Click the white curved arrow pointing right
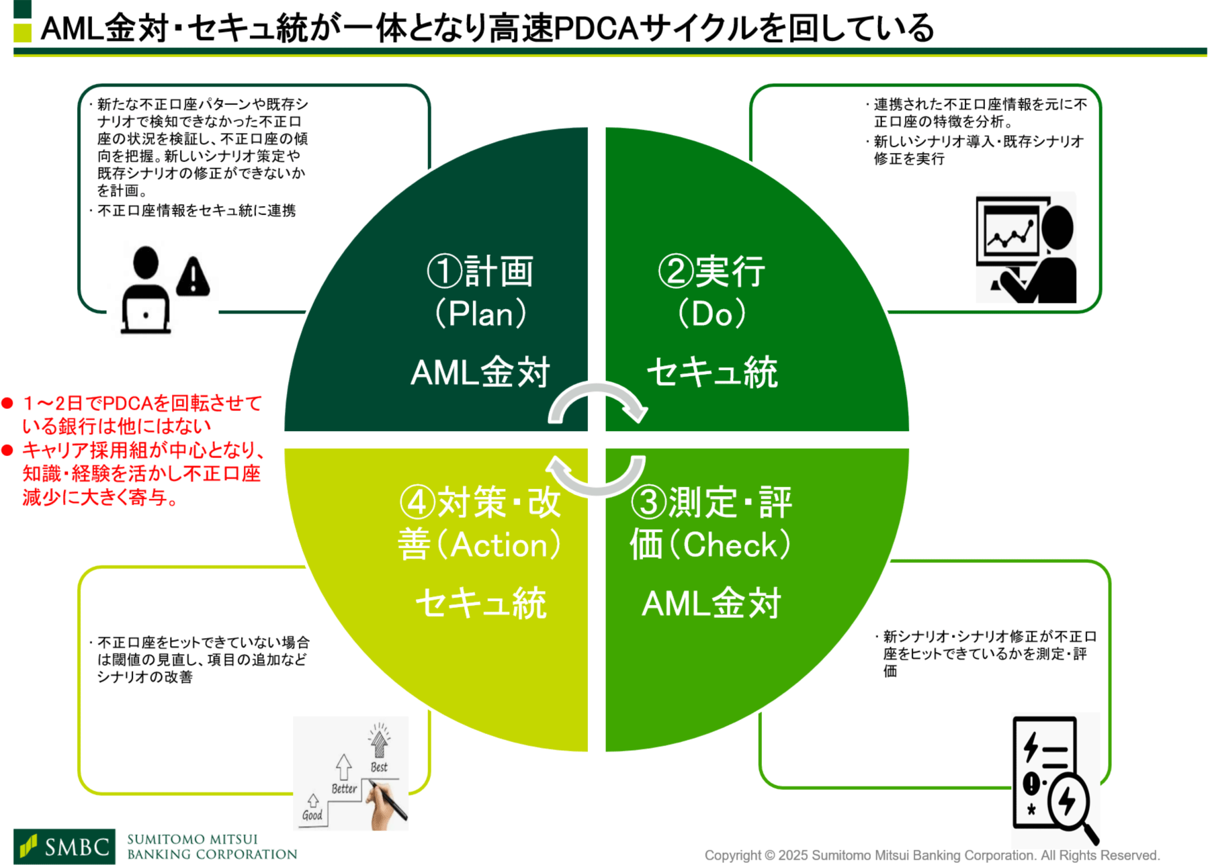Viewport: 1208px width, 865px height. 598,400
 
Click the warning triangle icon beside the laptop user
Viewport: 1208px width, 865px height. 193,276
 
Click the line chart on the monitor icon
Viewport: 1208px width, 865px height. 1010,232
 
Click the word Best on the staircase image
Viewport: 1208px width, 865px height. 379,767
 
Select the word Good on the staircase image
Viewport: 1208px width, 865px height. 312,815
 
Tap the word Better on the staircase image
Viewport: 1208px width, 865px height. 344,789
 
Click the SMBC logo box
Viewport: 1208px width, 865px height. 64,846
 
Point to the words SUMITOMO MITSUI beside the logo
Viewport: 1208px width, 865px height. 192,839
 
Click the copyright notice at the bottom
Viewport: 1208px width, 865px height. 931,855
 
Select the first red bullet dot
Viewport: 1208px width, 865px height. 8,403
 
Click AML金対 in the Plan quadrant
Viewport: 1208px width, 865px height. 480,372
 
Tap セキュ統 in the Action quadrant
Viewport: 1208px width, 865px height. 480,602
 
